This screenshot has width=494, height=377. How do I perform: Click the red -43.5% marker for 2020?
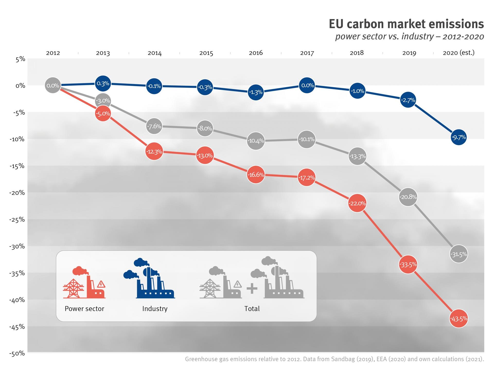pyautogui.click(x=458, y=319)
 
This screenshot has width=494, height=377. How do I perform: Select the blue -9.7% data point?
pyautogui.click(x=458, y=137)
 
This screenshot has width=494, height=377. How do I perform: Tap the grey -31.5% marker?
pyautogui.click(x=458, y=254)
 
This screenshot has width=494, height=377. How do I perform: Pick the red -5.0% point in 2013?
pyautogui.click(x=103, y=113)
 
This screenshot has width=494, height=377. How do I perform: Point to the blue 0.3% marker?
pyautogui.click(x=103, y=83)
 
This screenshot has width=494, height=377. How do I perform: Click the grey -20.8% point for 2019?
pyautogui.click(x=408, y=197)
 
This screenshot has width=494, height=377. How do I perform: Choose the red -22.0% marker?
pyautogui.click(x=357, y=203)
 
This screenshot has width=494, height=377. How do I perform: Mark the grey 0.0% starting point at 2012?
pyautogui.click(x=53, y=85)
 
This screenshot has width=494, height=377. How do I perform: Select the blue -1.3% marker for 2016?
pyautogui.click(x=255, y=92)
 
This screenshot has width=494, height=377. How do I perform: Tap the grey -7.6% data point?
pyautogui.click(x=154, y=126)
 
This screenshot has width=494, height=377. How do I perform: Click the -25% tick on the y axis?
pyautogui.click(x=17, y=220)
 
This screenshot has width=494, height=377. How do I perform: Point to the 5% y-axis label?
pyautogui.click(x=20, y=59)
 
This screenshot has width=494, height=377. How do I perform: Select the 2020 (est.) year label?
pyautogui.click(x=458, y=53)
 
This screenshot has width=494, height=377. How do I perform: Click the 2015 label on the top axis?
pyautogui.click(x=206, y=53)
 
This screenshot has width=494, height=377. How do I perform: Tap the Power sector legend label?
pyautogui.click(x=84, y=309)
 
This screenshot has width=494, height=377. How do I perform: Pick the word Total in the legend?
pyautogui.click(x=252, y=309)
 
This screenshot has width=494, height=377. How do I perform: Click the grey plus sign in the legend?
pyautogui.click(x=252, y=288)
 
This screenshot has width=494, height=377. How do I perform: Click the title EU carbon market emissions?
pyautogui.click(x=406, y=24)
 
